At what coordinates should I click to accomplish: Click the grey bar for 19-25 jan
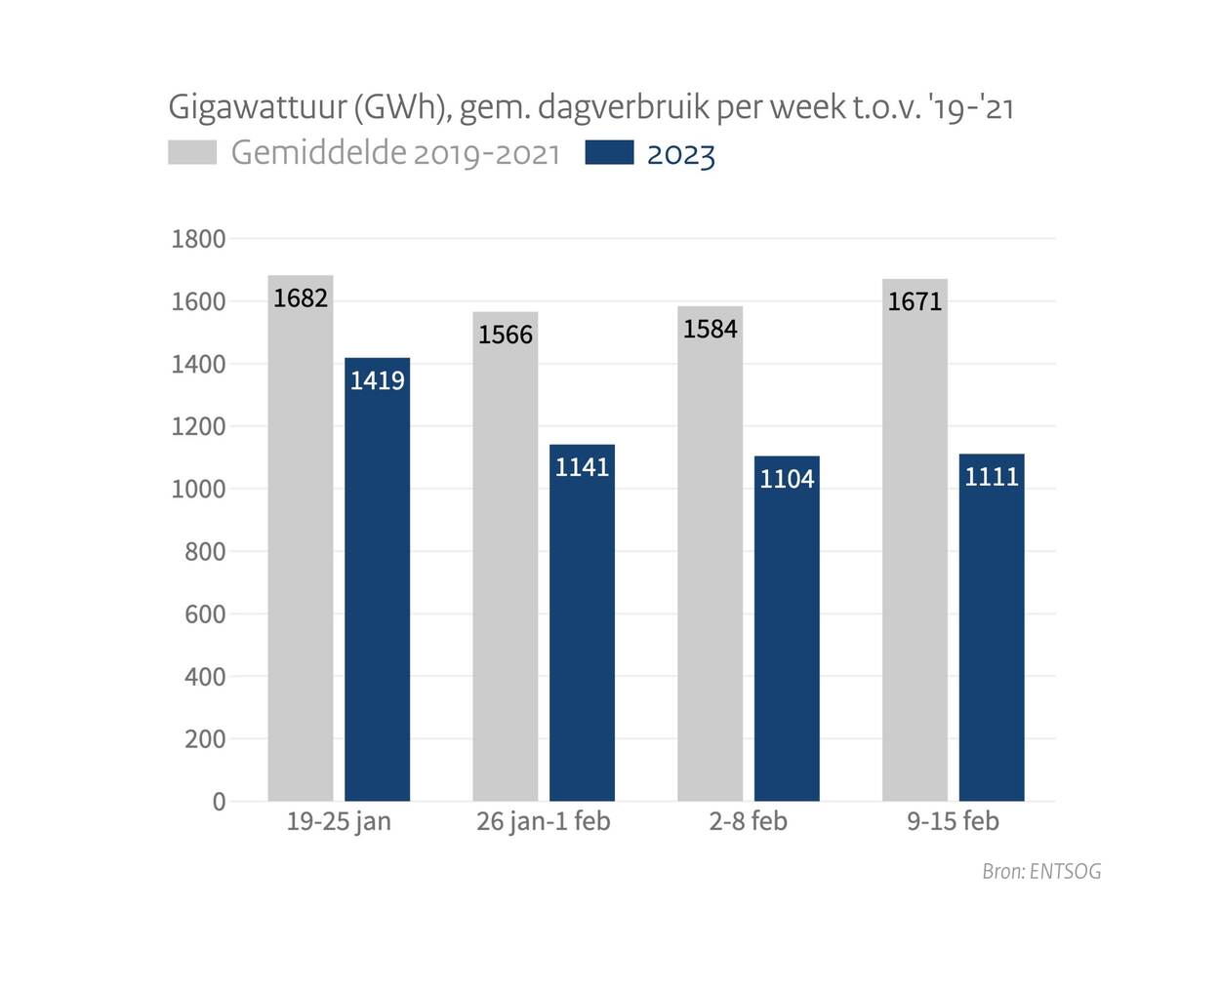[x=301, y=546]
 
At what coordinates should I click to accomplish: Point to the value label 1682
[x=301, y=298]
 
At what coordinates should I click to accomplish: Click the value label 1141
[x=583, y=467]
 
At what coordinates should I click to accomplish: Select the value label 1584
[x=711, y=330]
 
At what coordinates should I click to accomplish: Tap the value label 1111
[x=992, y=477]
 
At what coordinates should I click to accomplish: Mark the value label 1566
[x=506, y=336]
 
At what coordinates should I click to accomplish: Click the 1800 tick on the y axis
[x=198, y=239]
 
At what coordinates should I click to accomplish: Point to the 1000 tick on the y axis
[x=198, y=490]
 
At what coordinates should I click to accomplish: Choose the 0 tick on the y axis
[x=219, y=802]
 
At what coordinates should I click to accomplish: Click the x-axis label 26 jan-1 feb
[x=544, y=821]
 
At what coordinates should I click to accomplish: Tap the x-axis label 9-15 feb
[x=953, y=821]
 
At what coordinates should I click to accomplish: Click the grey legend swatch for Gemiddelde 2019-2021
[x=192, y=153]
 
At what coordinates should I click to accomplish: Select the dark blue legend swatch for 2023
[x=609, y=153]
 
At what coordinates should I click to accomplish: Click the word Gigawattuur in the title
[x=255, y=106]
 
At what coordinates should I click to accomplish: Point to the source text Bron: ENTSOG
[x=1041, y=871]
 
